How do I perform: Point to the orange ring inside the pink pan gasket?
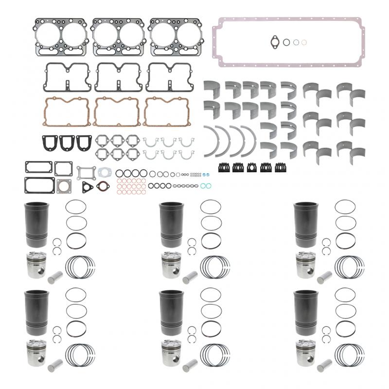click(x=304, y=42)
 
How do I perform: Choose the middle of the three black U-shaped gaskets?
click(x=68, y=141)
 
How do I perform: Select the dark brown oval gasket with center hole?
click(x=102, y=188)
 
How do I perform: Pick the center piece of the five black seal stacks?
click(x=252, y=168)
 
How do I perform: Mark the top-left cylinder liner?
click(x=35, y=224)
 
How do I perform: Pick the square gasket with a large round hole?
click(x=64, y=188)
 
